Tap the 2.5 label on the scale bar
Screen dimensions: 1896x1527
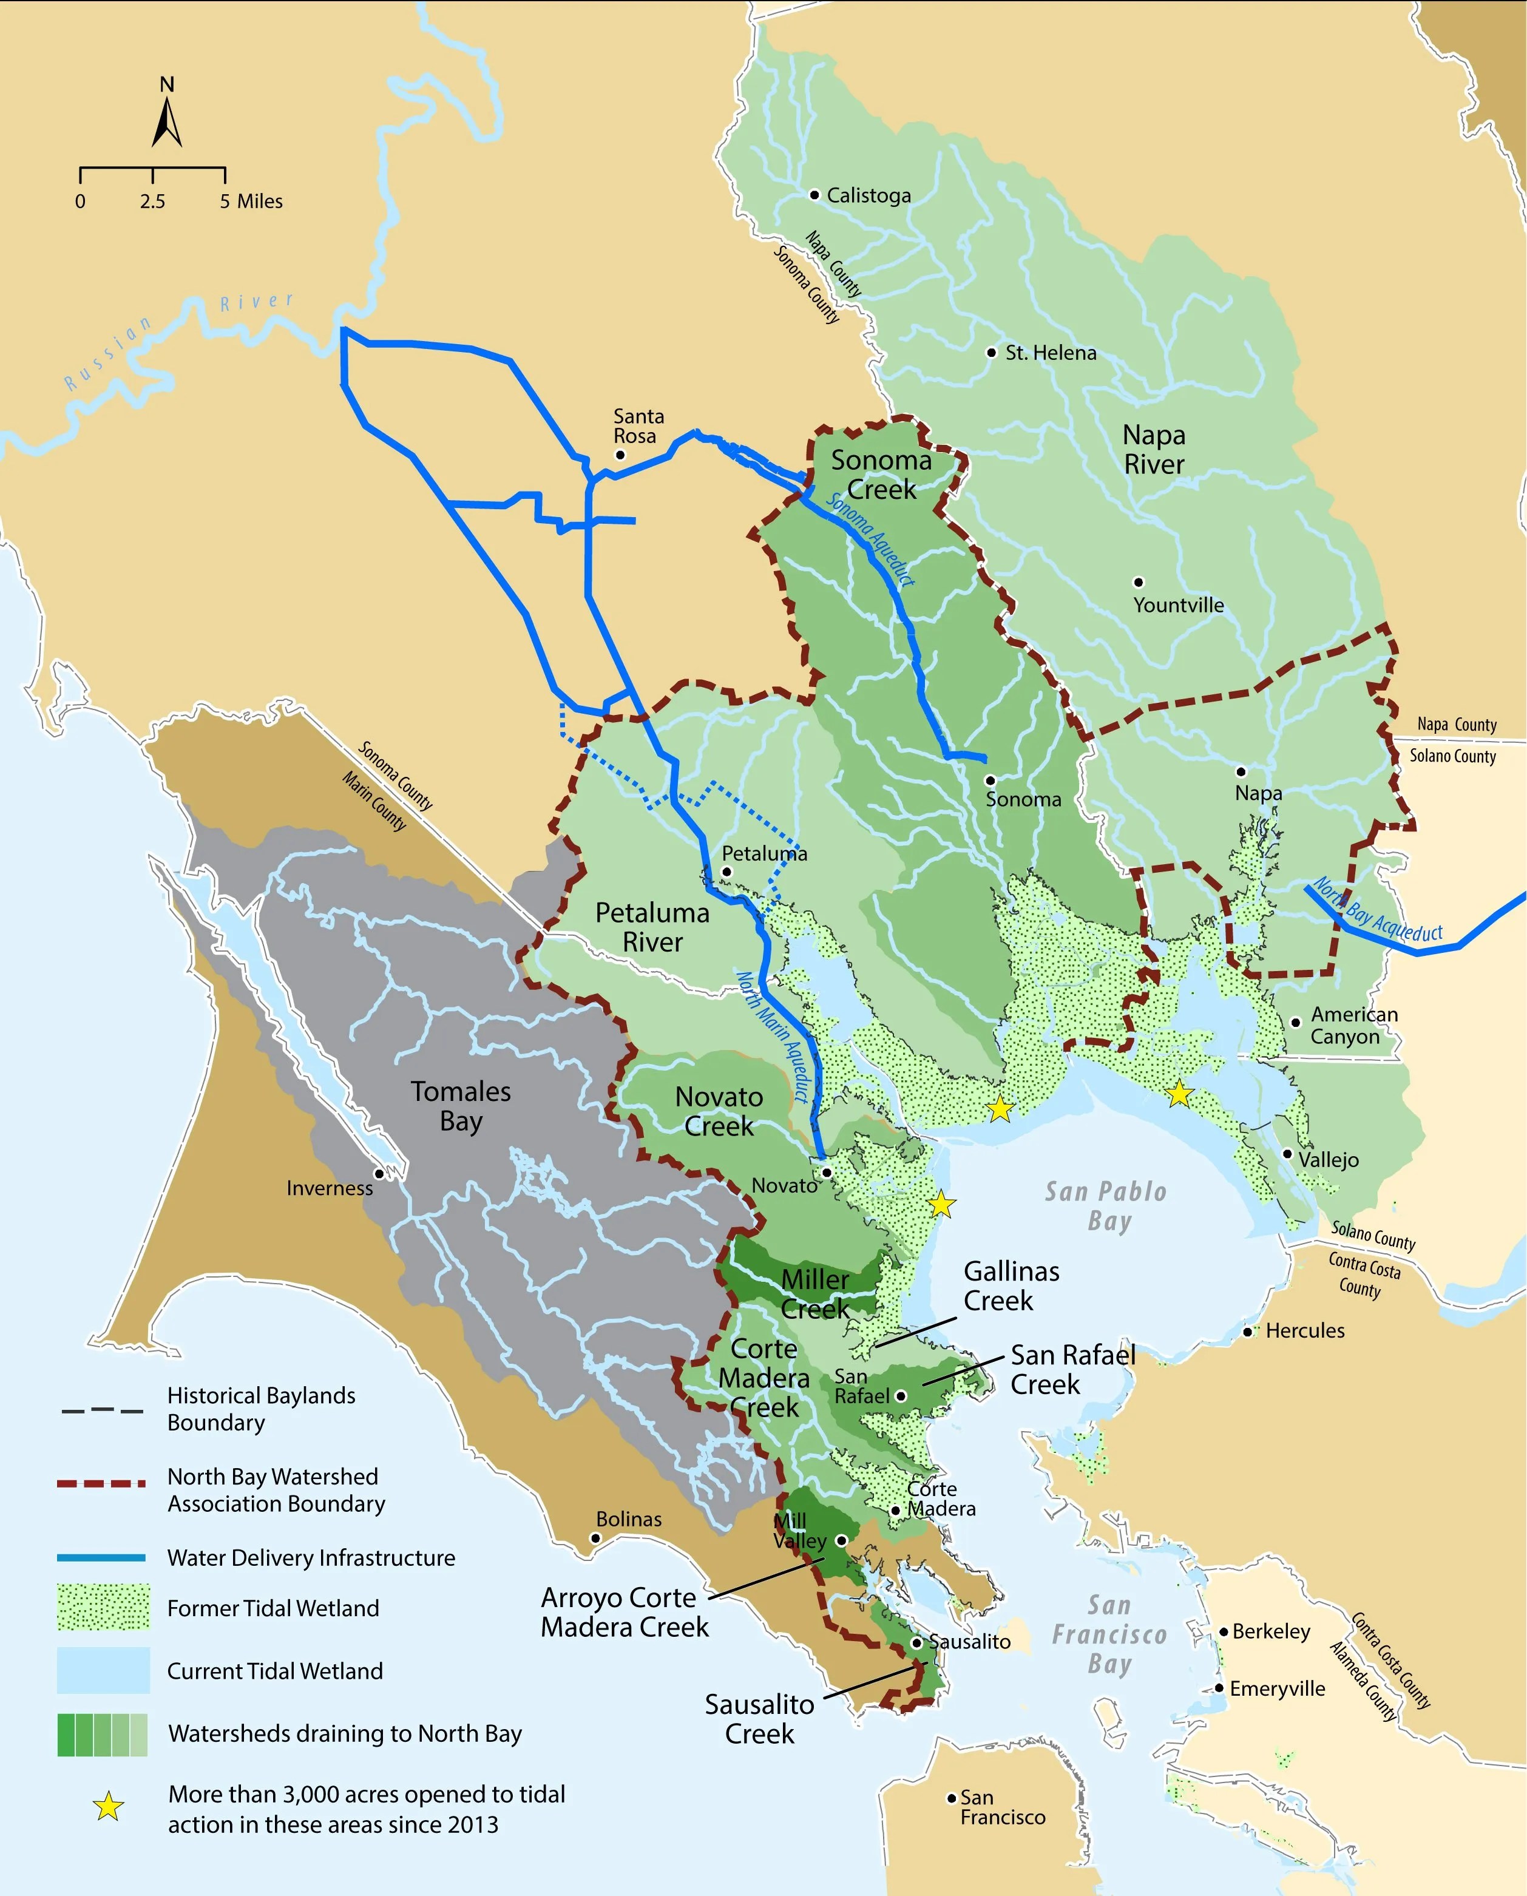pos(152,201)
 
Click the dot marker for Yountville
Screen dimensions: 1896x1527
pos(1138,582)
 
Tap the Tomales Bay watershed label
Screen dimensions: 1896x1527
pos(461,1106)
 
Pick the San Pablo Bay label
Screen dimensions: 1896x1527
pos(1106,1206)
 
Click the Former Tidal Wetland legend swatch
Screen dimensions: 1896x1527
pos(103,1608)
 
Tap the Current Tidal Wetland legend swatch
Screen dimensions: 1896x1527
pos(103,1670)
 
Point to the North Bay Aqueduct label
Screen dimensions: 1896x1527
pos(1378,912)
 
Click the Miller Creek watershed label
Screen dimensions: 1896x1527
pos(816,1293)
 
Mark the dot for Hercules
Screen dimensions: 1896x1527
pos(1247,1332)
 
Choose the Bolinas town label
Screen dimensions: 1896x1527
pos(628,1518)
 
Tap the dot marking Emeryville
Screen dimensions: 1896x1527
pos(1219,1688)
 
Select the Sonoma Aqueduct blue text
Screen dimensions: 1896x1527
pos(871,539)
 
